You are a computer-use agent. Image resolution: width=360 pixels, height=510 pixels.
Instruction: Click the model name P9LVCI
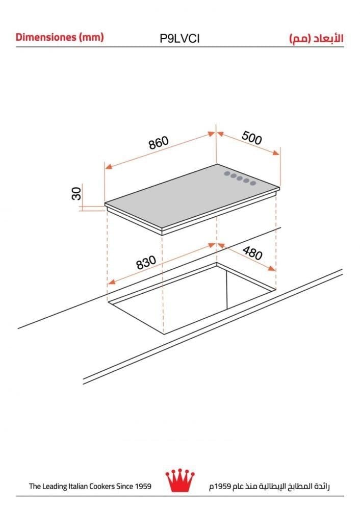point(179,38)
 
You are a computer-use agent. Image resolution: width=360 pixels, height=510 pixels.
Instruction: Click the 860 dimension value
point(159,143)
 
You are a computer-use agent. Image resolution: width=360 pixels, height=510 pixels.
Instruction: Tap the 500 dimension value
point(252,138)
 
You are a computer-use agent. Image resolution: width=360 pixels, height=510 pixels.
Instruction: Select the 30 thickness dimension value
point(76,193)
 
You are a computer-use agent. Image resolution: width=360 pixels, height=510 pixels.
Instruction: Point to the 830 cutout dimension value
point(146,263)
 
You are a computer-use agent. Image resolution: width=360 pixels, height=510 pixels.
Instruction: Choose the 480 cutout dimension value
point(252,253)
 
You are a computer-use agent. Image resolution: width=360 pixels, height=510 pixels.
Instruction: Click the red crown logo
point(180,480)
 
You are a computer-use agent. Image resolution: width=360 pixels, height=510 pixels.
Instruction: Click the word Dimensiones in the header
point(46,37)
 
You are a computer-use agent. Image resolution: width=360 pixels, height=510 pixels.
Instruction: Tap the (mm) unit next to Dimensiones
point(91,37)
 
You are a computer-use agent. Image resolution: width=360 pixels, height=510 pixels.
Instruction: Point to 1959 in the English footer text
point(143,486)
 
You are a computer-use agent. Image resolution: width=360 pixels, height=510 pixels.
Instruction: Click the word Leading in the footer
point(55,487)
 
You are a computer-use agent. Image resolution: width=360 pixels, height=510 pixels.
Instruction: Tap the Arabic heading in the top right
point(317,38)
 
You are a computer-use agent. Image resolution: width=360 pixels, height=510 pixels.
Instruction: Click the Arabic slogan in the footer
point(269,487)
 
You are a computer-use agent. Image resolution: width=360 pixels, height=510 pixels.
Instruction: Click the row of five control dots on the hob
point(240,178)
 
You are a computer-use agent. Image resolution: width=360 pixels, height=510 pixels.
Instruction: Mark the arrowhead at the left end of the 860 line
point(108,166)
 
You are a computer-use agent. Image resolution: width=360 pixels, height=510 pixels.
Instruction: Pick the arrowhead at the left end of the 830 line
point(111,282)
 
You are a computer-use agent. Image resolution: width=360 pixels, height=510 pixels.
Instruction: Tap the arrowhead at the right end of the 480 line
point(272,268)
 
